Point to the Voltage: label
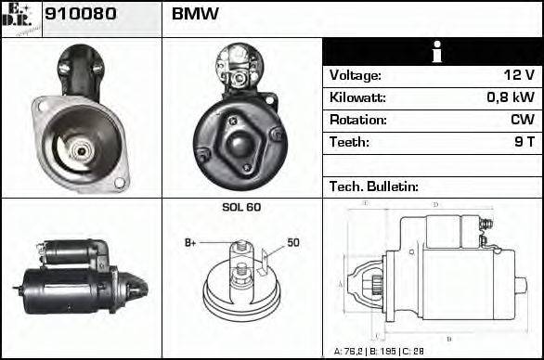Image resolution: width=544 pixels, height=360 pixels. click(x=356, y=75)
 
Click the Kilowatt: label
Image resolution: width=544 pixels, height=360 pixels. click(x=357, y=97)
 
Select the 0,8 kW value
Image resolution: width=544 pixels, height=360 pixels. click(x=511, y=97)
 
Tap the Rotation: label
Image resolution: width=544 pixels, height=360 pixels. click(x=357, y=120)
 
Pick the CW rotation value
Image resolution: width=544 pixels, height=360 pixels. click(x=522, y=120)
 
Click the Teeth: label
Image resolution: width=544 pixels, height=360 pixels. click(x=349, y=142)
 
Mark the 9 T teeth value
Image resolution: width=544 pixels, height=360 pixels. click(x=524, y=142)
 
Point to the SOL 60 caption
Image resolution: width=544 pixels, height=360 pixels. click(x=240, y=207)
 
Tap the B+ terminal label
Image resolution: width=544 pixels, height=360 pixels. click(x=190, y=242)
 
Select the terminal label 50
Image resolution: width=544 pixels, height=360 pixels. click(x=293, y=242)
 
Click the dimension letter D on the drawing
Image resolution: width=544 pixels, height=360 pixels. click(x=434, y=204)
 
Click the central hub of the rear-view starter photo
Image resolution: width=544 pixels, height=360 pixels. click(x=241, y=144)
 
